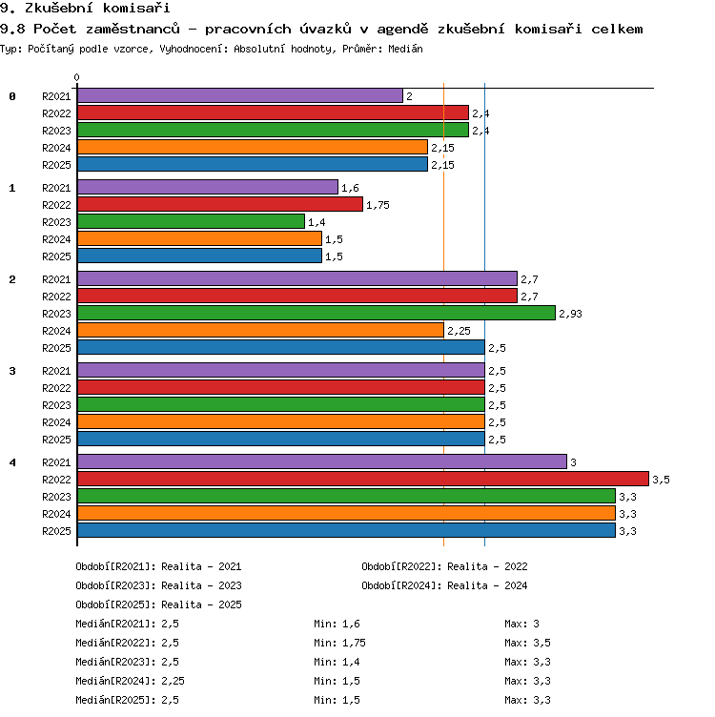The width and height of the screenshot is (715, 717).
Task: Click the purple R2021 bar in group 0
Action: pos(240,95)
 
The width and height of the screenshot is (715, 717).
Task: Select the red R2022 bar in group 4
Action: pos(363,479)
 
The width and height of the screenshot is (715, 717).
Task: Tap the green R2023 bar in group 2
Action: pos(317,314)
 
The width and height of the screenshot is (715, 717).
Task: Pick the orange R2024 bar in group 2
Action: pos(260,330)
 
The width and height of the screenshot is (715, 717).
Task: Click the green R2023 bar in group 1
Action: pos(191,222)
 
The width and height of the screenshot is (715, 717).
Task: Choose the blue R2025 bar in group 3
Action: pos(281,439)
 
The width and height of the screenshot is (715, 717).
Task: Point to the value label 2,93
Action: pos(570,314)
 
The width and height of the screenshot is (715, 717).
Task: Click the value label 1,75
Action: pos(378,205)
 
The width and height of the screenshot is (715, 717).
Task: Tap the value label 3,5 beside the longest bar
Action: pos(661,480)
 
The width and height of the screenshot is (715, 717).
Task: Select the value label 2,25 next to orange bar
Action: pos(459,331)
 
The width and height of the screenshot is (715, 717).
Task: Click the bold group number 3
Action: pos(12,371)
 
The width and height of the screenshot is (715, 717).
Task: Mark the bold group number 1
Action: pos(12,188)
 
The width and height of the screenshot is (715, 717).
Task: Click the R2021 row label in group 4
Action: pos(56,462)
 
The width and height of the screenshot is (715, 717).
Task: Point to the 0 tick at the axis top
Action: pos(77,77)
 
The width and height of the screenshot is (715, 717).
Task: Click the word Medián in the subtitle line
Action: pos(405,49)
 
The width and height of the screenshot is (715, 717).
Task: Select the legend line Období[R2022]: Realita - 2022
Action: pos(444,566)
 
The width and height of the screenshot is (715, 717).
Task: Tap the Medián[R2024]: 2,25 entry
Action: pos(130,681)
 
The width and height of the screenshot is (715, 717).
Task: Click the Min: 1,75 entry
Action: pos(339,643)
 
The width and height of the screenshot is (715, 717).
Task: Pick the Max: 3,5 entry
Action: pos(527,643)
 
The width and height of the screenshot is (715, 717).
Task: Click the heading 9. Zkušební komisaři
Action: pos(85,8)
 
